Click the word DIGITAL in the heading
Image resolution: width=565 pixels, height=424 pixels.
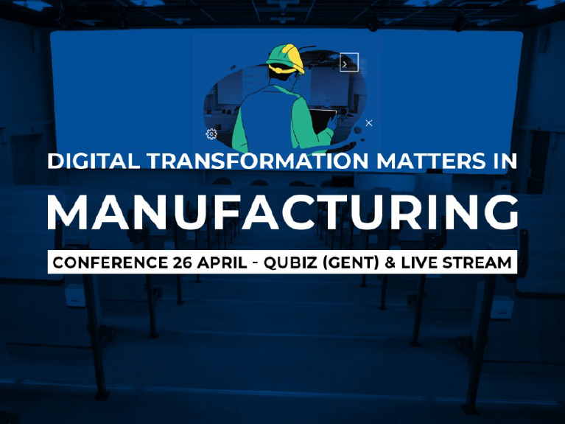tap(94, 161)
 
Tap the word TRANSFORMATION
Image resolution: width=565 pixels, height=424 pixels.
tap(258, 161)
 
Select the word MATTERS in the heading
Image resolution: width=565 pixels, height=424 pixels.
tap(431, 161)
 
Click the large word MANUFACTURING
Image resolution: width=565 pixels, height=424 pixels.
tap(283, 212)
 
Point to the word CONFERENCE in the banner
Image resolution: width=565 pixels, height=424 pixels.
tap(110, 263)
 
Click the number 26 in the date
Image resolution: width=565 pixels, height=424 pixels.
tap(183, 263)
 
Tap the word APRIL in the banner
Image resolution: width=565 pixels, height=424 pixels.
tap(222, 263)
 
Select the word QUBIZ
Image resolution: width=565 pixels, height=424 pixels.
tap(290, 263)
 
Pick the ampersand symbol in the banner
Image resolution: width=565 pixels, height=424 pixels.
tap(390, 263)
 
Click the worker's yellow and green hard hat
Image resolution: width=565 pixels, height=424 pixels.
tap(286, 58)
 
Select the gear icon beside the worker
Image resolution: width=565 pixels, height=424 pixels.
tap(211, 134)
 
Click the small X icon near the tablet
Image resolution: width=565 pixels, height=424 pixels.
tap(368, 123)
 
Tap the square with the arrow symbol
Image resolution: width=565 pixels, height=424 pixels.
tap(349, 62)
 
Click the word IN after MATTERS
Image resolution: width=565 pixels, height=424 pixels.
tap(505, 161)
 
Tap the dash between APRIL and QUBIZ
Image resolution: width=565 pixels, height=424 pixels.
tap(255, 263)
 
